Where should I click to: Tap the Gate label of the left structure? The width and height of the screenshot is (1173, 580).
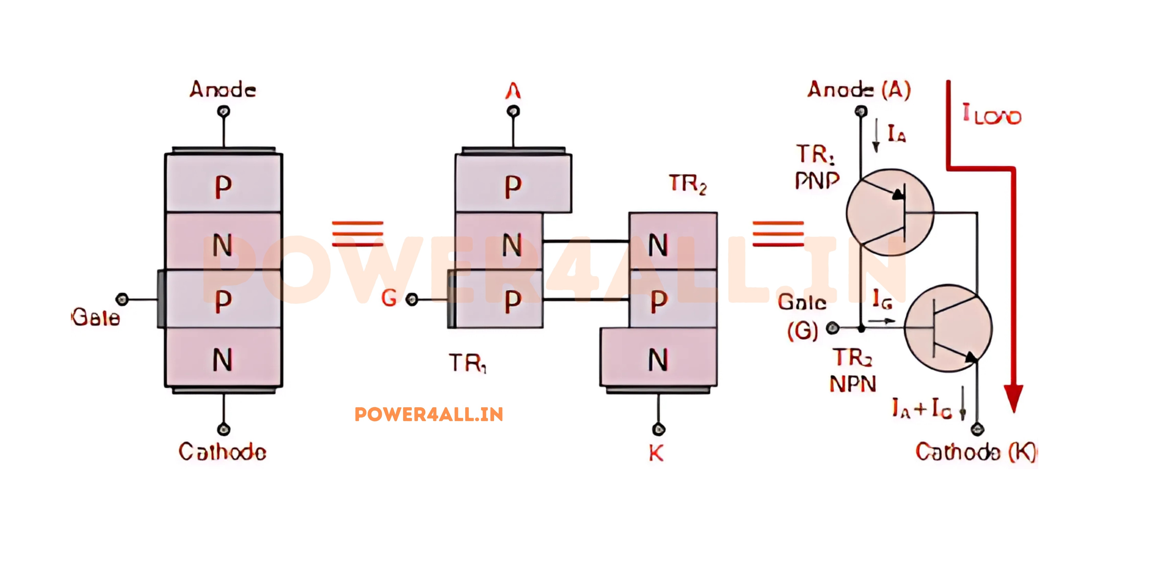[x=96, y=317]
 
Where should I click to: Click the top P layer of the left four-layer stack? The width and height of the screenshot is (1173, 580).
[x=223, y=184]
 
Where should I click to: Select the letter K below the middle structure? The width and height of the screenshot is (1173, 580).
[x=656, y=453]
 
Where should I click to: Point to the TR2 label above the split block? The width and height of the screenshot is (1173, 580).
[x=688, y=184]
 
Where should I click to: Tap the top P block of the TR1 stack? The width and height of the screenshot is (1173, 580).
[x=513, y=184]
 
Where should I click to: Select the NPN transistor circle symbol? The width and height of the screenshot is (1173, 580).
[x=948, y=328]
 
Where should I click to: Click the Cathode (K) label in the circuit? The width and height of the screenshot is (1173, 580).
[x=975, y=452]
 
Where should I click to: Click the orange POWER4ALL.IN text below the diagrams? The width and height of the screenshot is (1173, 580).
[x=428, y=414]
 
